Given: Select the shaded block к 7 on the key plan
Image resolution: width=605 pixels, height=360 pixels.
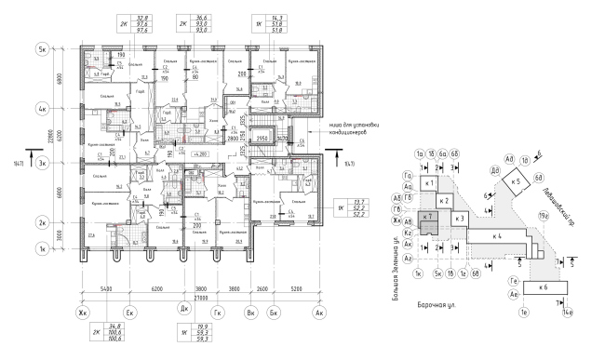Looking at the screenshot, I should click(x=429, y=217).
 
